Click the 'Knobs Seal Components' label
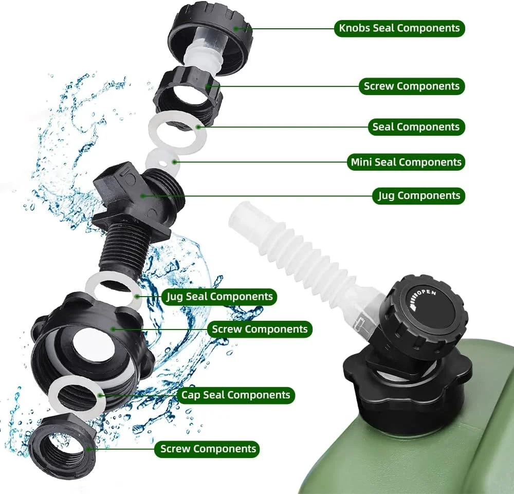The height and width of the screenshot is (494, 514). (399, 28)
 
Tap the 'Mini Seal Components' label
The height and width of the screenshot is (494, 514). (406, 162)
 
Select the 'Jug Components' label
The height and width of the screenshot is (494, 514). (419, 196)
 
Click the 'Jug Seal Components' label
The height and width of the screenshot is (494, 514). (219, 297)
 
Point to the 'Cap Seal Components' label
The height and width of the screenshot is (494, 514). (236, 395)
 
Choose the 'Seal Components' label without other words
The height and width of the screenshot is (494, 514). (416, 127)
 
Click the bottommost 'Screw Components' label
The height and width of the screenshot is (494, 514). (208, 449)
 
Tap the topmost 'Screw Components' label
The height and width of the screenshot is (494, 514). (412, 86)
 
